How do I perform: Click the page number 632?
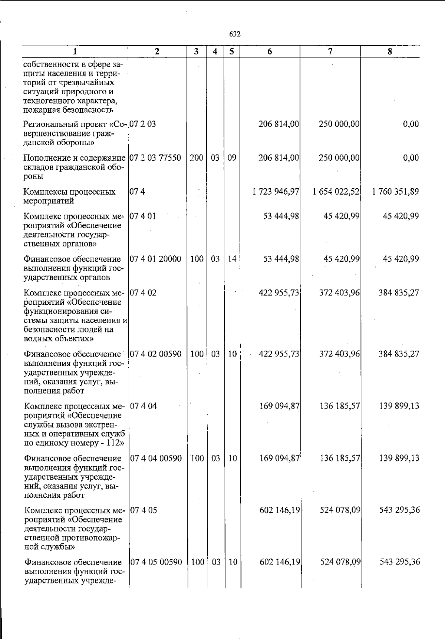pos(235,34)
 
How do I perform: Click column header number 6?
pos(270,52)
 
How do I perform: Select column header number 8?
pos(390,52)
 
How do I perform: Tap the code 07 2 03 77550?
pos(155,158)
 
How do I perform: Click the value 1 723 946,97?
pos(276,192)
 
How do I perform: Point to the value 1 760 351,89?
pos(395,192)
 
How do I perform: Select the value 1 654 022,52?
pos(336,192)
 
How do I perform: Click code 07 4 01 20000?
pos(155,259)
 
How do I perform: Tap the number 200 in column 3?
pos(197,158)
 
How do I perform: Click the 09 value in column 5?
pos(232,158)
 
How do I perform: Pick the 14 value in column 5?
pos(232,259)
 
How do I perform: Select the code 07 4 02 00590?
pos(155,354)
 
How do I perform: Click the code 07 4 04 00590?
pos(156,458)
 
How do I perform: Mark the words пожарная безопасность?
pos(68,110)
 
